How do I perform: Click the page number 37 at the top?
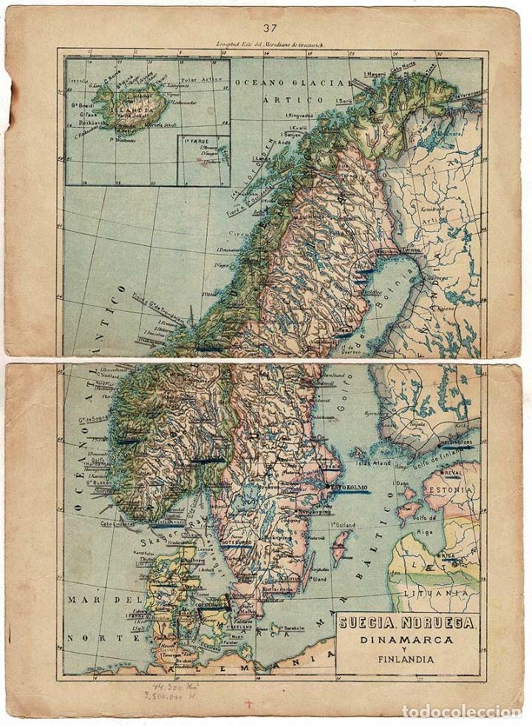click(268, 29)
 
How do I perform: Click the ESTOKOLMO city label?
click(349, 488)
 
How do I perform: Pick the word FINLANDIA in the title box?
click(406, 660)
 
